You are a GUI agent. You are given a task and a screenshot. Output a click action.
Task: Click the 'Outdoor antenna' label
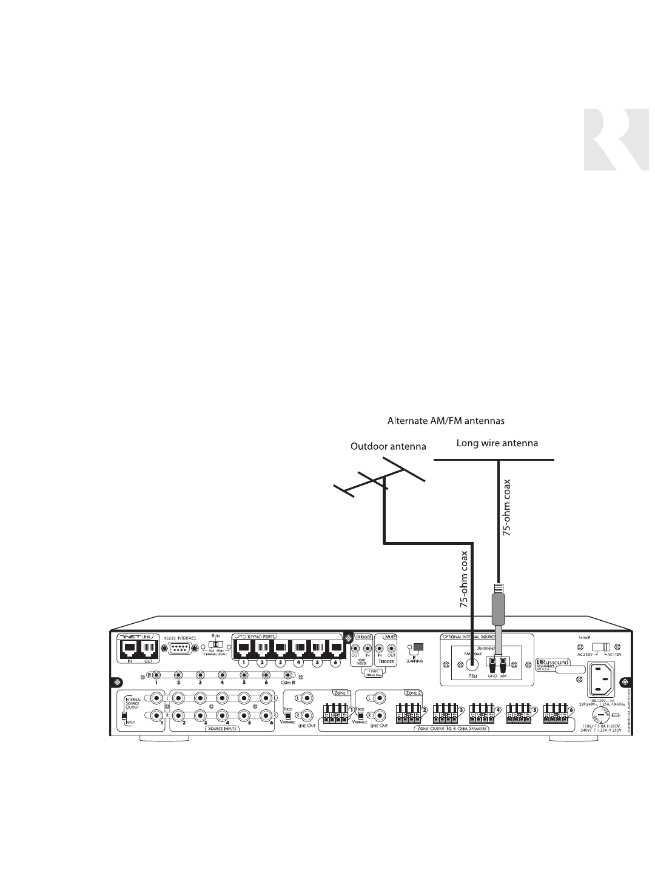click(x=389, y=447)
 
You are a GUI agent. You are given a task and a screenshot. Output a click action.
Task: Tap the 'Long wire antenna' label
click(x=497, y=443)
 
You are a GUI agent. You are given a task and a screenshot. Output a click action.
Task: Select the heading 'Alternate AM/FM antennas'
click(x=446, y=420)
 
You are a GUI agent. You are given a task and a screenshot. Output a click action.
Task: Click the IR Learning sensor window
click(x=417, y=646)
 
